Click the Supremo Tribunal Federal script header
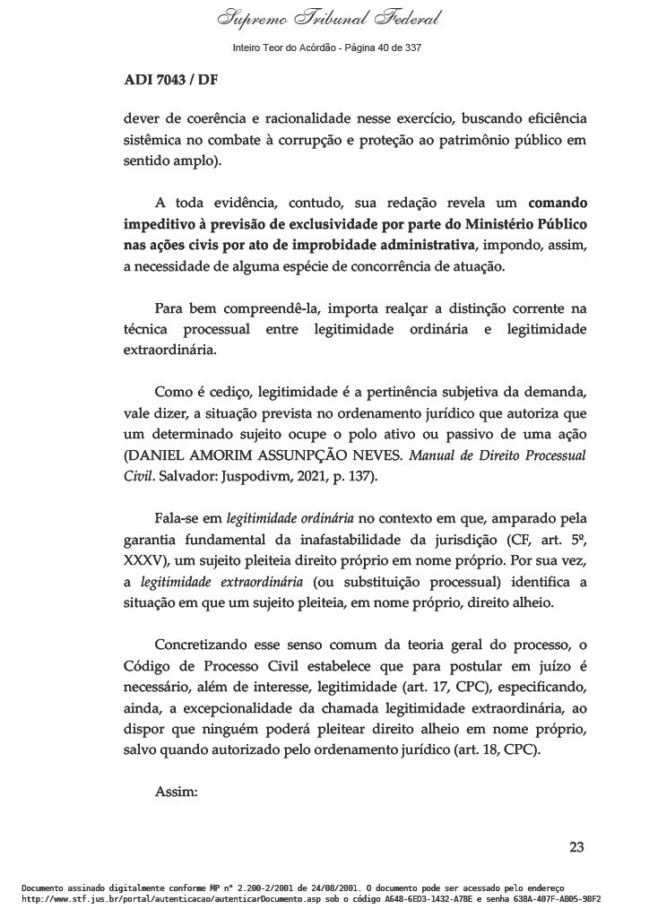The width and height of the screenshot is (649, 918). coord(324,19)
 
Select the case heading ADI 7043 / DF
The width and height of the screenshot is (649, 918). coord(170,80)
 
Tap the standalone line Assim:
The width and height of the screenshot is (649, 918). coord(176,792)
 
